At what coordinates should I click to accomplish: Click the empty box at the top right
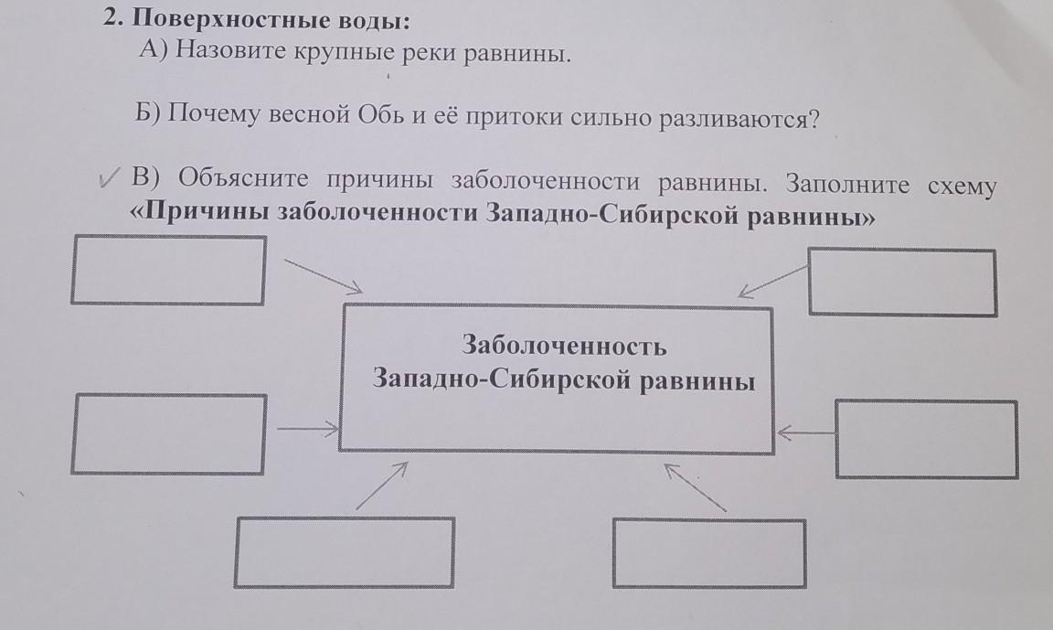point(902,283)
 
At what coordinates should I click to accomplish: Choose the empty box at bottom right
point(708,552)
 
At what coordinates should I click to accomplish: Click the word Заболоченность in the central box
point(564,347)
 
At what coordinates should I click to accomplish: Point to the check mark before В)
point(112,178)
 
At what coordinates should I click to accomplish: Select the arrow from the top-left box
point(324,275)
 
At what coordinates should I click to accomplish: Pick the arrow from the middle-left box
point(306,426)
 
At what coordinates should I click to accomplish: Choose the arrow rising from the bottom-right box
point(697,486)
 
